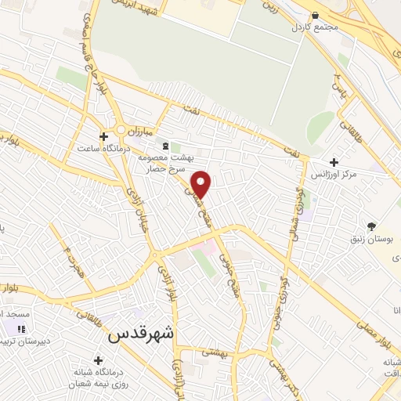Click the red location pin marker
(x=202, y=183)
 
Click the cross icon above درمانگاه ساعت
(x=103, y=135)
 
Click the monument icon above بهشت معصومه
(x=164, y=146)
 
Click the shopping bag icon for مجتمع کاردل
(x=315, y=15)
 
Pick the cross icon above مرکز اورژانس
(x=334, y=161)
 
